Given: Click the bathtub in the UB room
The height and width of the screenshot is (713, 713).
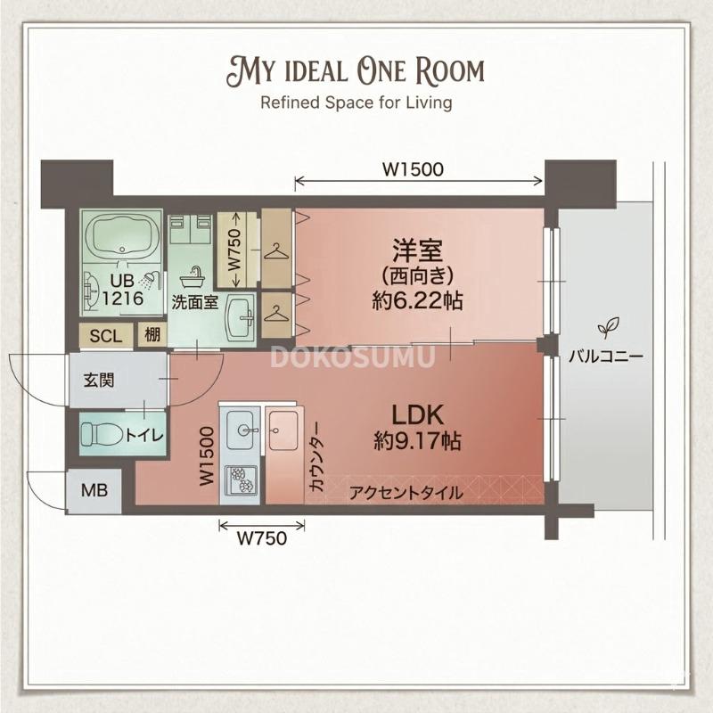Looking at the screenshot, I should [x=120, y=236].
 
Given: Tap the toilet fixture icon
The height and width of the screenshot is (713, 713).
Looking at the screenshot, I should [x=100, y=434].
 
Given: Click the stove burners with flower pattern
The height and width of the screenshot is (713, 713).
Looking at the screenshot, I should [x=240, y=481].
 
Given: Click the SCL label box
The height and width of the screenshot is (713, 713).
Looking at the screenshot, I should [x=105, y=336].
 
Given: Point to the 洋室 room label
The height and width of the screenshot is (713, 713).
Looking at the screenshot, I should [x=416, y=247].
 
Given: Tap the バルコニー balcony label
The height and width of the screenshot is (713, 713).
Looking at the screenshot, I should [x=606, y=358].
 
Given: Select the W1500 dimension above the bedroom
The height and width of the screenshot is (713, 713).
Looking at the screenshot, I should [x=413, y=168].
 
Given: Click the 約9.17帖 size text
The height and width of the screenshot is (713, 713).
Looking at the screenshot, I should [x=417, y=439].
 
